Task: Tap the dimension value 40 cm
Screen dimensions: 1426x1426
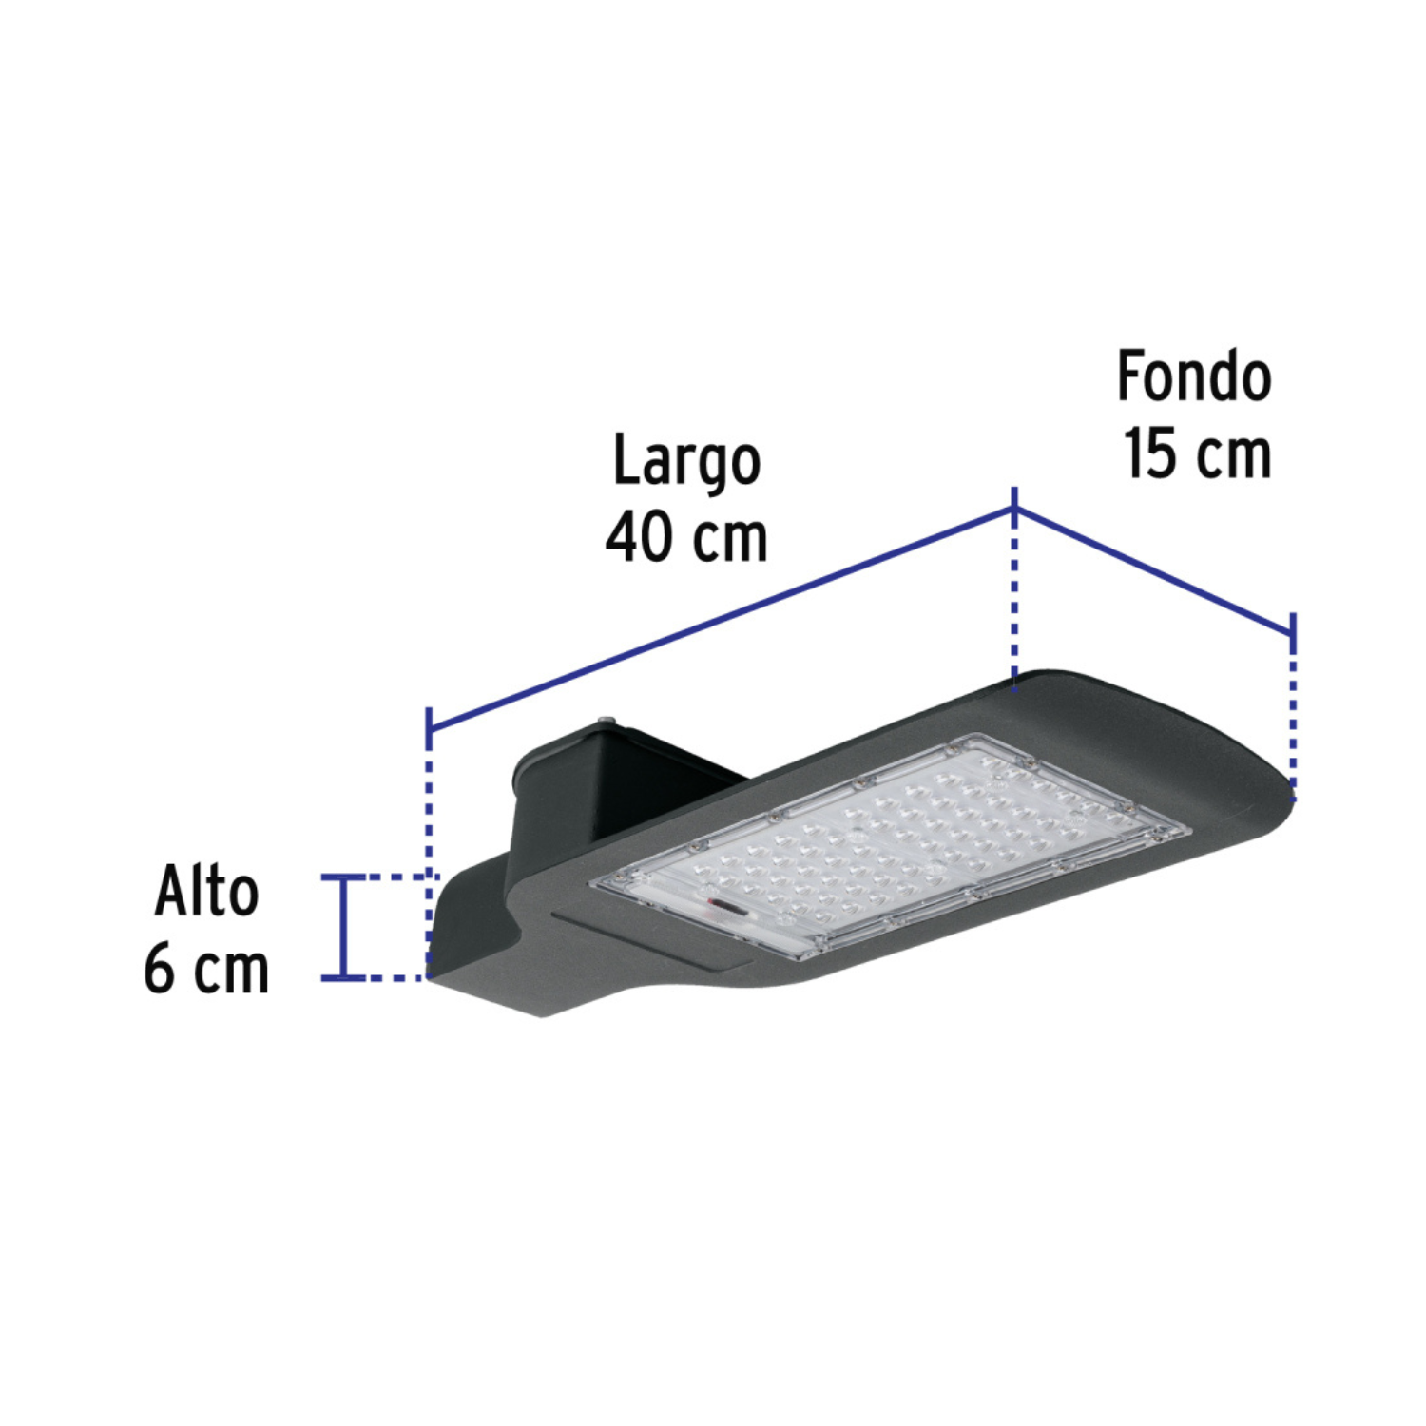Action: tap(686, 538)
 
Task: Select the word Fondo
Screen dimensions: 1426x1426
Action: tap(1194, 376)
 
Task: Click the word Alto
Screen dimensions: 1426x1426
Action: tap(206, 893)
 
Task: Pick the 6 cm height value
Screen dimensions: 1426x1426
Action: tap(206, 970)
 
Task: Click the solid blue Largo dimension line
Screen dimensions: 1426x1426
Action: tap(723, 619)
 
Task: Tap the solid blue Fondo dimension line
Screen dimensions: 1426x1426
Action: tap(1155, 568)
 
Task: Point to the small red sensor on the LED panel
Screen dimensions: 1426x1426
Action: tap(727, 908)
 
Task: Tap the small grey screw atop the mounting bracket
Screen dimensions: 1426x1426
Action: tap(606, 723)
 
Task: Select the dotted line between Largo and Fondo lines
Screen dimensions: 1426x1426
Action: tap(1015, 599)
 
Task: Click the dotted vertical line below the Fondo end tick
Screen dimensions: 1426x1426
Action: tap(1293, 713)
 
